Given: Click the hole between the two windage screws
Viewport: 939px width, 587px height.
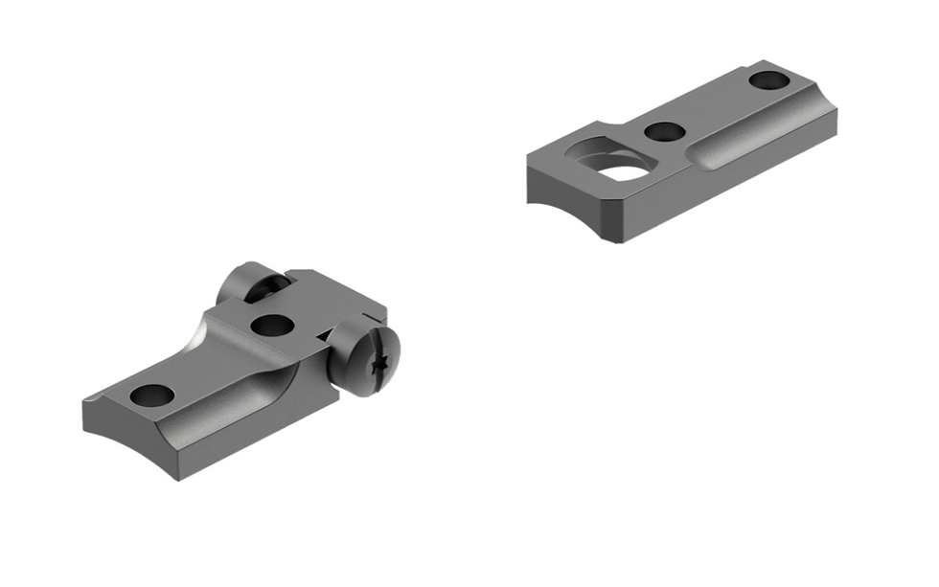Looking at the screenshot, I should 271,326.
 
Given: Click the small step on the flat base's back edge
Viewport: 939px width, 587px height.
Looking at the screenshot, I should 600,125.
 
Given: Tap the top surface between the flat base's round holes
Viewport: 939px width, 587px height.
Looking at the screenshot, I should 714,105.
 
